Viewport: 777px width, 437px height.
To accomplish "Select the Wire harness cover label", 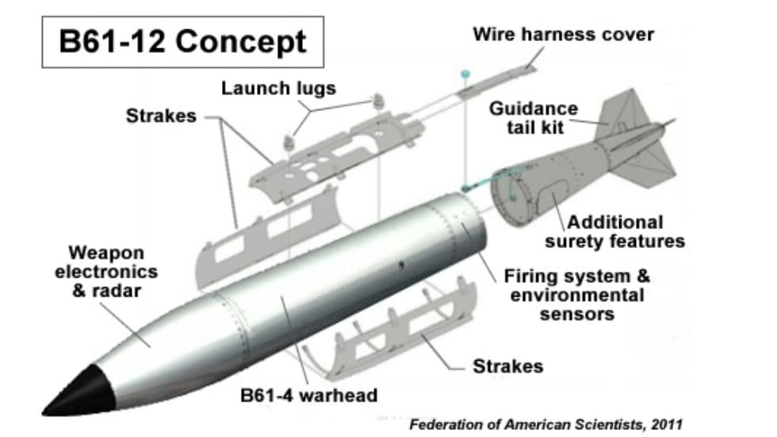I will [563, 34].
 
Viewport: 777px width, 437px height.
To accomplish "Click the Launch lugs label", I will [278, 87].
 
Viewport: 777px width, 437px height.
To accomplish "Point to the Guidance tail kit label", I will [533, 117].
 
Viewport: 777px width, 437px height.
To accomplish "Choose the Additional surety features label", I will [626, 231].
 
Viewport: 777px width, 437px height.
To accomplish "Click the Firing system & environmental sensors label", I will [576, 295].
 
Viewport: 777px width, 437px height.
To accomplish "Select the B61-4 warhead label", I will [309, 394].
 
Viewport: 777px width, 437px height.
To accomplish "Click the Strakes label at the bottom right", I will [507, 366].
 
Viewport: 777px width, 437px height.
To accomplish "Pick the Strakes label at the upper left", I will [161, 116].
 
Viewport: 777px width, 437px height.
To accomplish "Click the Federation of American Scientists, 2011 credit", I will [545, 424].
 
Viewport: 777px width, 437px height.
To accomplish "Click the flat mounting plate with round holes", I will [317, 163].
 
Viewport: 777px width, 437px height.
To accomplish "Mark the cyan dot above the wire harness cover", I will [465, 73].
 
